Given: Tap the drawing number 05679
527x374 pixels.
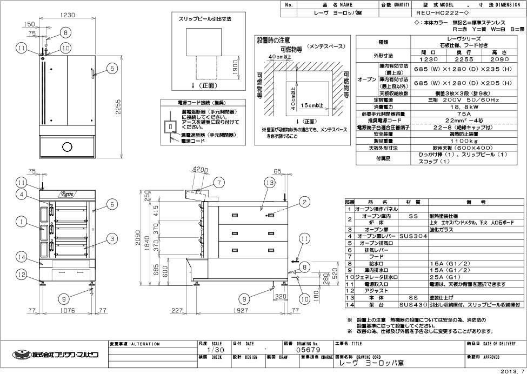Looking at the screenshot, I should [308, 350].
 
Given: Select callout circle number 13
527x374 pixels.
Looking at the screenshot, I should [270, 183].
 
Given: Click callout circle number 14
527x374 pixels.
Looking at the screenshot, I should [21, 256].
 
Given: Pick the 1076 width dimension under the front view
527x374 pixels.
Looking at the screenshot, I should [67, 311].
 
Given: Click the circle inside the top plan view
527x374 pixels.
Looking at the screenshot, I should [67, 146].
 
